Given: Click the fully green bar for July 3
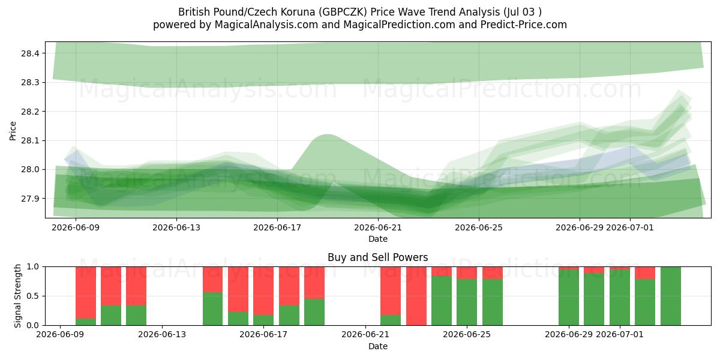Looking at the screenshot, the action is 671,296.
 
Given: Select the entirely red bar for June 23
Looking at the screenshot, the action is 416,296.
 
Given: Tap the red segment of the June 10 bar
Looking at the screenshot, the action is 86,293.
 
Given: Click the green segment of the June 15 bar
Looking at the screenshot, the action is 213,308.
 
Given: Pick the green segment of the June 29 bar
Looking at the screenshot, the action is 569,298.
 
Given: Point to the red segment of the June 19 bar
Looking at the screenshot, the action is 314,283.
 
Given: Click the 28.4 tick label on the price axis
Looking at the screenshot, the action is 30,53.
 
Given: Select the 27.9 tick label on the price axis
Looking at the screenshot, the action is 30,199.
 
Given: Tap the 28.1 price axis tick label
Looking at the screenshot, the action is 30,141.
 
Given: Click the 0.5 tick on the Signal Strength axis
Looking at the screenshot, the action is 34,296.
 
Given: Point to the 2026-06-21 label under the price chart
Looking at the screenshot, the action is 378,227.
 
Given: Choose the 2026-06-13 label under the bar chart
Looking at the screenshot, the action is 162,334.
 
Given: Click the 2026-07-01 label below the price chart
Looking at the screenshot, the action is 629,227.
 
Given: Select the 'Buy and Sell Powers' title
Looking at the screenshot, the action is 377,257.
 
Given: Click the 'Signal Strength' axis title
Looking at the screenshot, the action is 17,296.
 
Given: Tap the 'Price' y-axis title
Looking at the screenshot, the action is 13,131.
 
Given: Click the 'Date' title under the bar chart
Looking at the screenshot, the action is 377,346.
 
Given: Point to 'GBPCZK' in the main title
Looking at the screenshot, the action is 344,12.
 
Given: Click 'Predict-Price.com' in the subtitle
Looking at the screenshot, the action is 524,25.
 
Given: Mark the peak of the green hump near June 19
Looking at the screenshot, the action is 327,134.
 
